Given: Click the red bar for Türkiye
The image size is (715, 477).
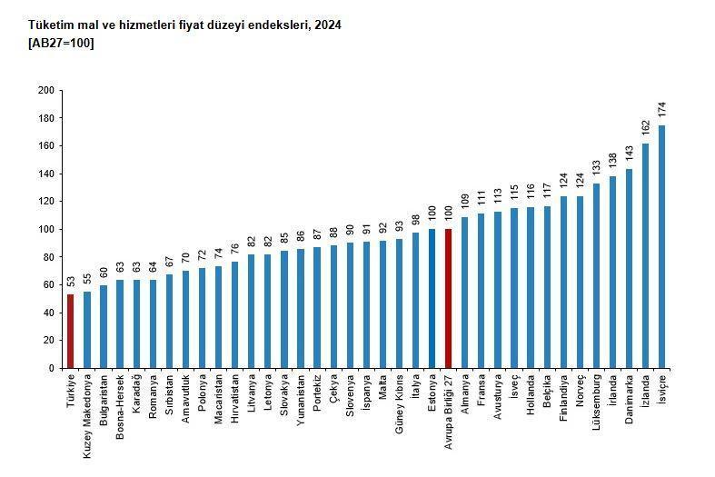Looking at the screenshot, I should click(x=71, y=331).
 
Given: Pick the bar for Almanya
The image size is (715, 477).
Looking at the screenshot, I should click(x=465, y=293).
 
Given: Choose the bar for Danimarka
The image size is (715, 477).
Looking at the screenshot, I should click(x=630, y=268).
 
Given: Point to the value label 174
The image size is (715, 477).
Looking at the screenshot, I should click(x=662, y=110).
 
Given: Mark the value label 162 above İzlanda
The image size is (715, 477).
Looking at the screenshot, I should click(x=646, y=127).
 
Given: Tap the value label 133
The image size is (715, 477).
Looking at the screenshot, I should click(x=597, y=167).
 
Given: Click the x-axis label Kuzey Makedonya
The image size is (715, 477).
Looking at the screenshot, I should click(x=87, y=402).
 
